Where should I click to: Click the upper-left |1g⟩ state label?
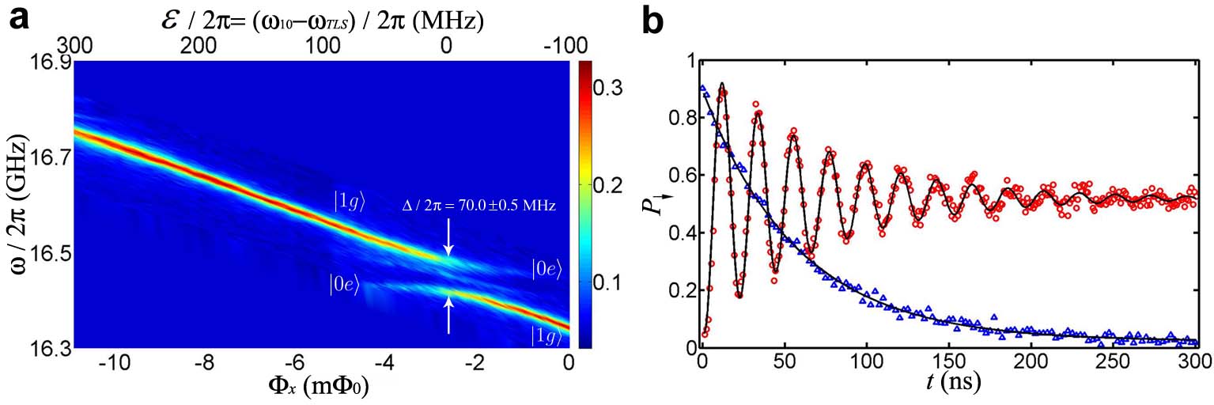pyautogui.click(x=349, y=202)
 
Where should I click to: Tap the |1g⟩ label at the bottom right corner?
pyautogui.click(x=547, y=337)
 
